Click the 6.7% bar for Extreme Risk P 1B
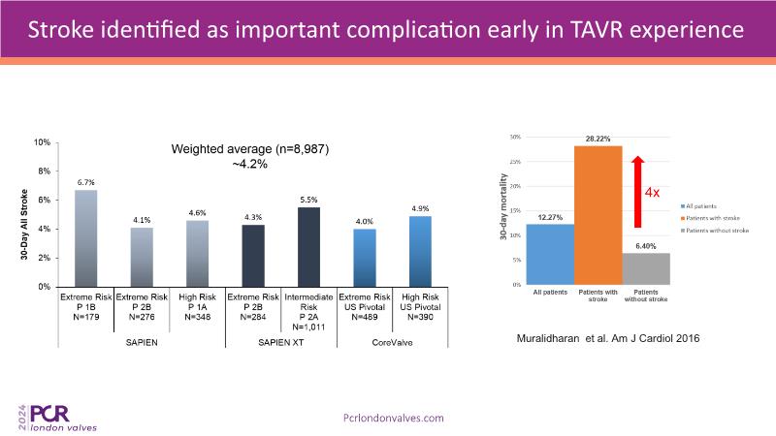[x=85, y=238]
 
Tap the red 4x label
[x=655, y=192]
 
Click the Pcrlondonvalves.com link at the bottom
[x=395, y=417]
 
